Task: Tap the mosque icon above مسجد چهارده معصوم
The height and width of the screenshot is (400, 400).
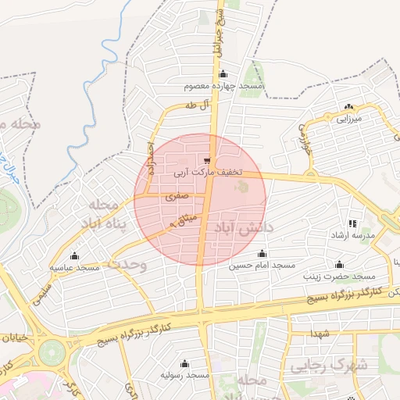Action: point(223,74)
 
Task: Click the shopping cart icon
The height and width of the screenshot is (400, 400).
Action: point(206,160)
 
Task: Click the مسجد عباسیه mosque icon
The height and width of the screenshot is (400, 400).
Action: point(74,255)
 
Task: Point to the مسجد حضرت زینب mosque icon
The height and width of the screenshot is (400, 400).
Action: point(339,265)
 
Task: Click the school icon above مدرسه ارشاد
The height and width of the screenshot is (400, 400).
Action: point(352,223)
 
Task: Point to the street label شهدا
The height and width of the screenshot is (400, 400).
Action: point(321,334)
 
